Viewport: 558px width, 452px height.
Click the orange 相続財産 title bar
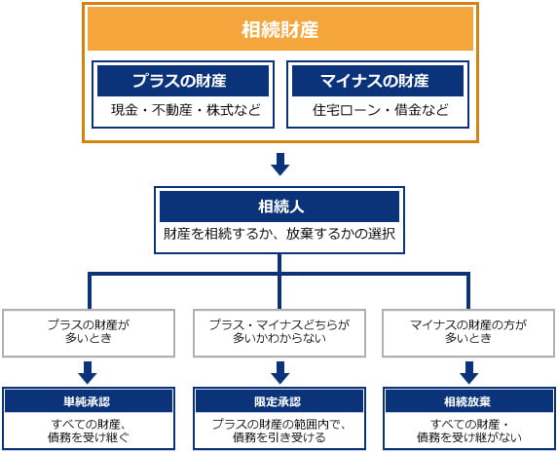coord(279,29)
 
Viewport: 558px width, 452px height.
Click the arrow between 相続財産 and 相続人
coord(279,163)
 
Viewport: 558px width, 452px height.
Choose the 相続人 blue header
coord(279,207)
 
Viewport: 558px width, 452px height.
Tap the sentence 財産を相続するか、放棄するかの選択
coord(279,236)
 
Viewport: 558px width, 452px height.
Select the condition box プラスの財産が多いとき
coord(89,332)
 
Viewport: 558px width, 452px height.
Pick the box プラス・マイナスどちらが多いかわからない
coord(279,332)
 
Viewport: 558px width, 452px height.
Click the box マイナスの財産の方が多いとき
coord(468,332)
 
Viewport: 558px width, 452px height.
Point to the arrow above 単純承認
coord(89,372)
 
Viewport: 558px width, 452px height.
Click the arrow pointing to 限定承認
coord(279,372)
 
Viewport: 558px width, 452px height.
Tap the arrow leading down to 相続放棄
coord(468,372)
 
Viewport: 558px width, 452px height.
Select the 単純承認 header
coord(89,401)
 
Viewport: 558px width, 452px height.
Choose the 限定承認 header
coord(279,401)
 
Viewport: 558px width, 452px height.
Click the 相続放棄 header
coord(468,401)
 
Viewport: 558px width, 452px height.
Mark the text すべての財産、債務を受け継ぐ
coord(89,431)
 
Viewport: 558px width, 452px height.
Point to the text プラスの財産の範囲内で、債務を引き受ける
coord(279,431)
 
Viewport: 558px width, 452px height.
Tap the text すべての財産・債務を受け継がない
coord(468,431)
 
